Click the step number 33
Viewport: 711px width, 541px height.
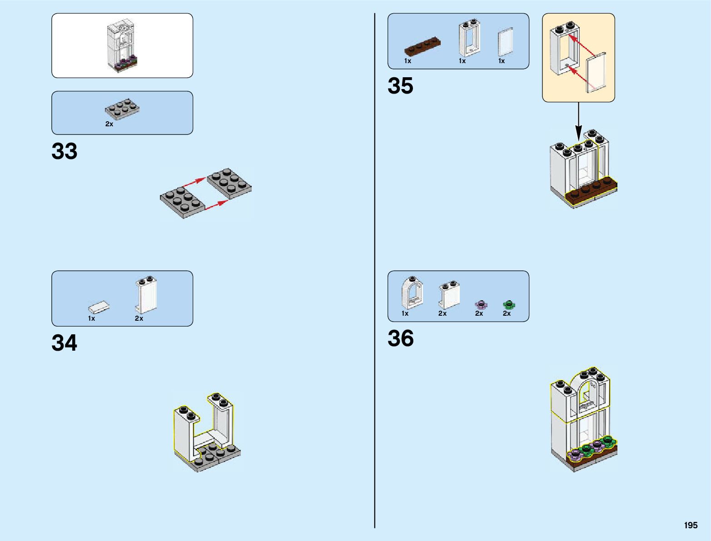65,151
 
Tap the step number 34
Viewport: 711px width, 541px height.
65,343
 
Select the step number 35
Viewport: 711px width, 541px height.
400,86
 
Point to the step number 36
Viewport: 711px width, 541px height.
400,338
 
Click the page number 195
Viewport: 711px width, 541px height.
691,525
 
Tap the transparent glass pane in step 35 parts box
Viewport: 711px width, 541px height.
505,43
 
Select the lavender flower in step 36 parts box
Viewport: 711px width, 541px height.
481,304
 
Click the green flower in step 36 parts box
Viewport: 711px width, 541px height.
508,304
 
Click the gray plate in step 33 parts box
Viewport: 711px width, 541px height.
122,109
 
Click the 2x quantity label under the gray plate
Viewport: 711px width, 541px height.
109,124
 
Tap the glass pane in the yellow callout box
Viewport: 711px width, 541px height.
597,73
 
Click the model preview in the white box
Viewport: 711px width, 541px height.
121,46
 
